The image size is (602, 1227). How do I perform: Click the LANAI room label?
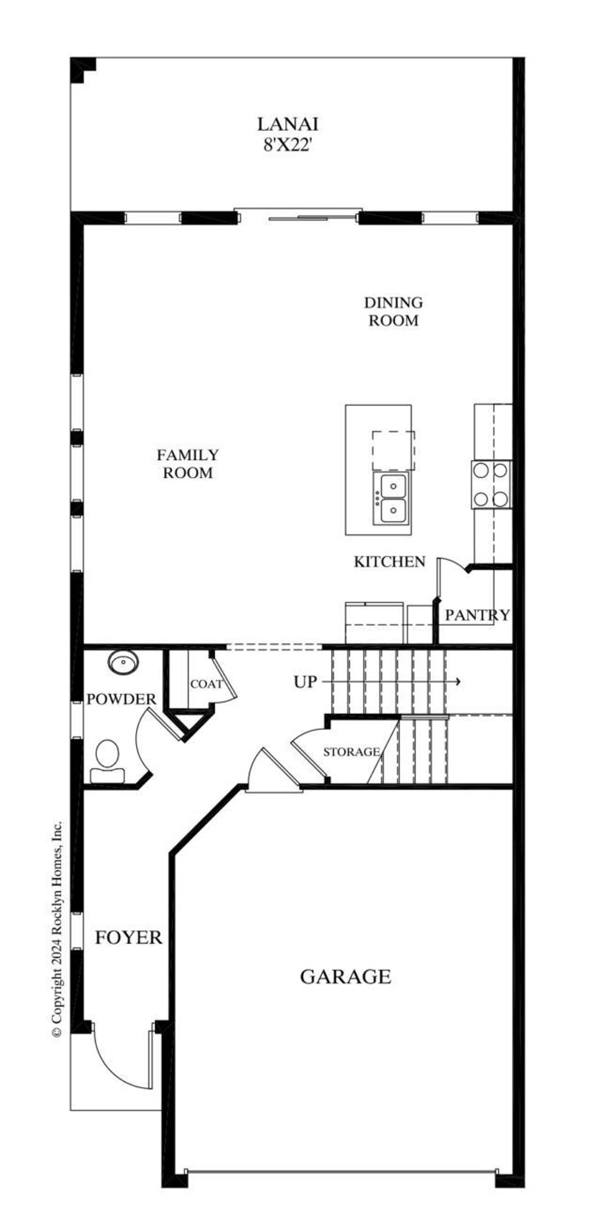287,124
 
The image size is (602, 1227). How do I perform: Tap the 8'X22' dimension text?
287,145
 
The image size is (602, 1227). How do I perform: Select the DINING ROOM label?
393,312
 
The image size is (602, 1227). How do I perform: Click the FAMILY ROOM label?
188,463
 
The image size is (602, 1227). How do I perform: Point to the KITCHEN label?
389,562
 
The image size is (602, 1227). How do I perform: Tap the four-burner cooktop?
491,484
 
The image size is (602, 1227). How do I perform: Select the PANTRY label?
477,615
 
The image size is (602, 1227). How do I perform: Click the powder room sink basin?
123,662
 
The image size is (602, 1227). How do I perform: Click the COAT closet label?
206,684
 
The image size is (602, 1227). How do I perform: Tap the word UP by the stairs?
305,682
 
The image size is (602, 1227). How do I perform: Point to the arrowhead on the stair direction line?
458,682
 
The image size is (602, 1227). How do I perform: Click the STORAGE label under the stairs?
351,751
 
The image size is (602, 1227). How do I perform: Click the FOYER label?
128,937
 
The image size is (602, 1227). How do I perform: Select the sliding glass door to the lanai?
298,218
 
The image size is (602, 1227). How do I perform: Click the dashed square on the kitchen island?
393,450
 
